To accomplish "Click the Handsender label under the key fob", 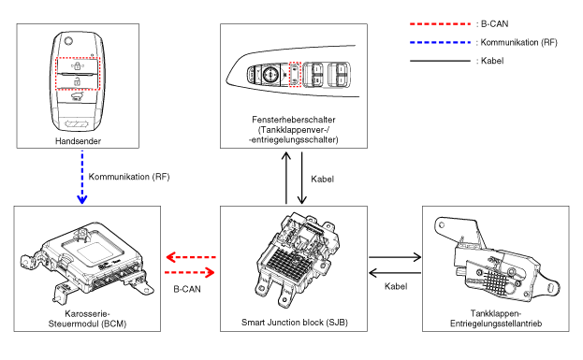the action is [x=78, y=141].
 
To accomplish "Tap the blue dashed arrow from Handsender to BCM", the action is [x=82, y=178].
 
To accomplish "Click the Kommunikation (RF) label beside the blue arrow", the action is [x=129, y=177].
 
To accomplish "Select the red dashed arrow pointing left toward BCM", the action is [x=191, y=257].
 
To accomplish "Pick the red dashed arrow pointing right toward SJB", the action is [x=190, y=273].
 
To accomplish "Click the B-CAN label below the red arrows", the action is [x=187, y=289].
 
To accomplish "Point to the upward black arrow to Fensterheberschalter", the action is [x=286, y=178].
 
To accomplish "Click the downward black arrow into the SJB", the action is [x=302, y=178].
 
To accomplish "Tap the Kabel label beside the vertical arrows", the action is [x=322, y=180].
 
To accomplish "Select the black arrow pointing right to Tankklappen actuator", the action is [x=395, y=257].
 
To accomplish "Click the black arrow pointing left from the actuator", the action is [x=395, y=273].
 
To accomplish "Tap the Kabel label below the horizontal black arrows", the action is [x=396, y=286].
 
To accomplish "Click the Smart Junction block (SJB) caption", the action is [x=295, y=322].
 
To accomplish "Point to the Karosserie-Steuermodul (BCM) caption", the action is [x=87, y=319].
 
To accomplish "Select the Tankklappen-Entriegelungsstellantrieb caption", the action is [x=496, y=319].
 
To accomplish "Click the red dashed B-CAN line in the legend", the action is [x=440, y=24].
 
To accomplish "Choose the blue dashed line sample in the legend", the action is [x=440, y=42].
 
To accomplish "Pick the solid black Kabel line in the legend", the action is [x=440, y=61].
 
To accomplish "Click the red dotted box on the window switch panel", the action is [x=295, y=74].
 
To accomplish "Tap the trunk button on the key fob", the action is [x=78, y=97].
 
